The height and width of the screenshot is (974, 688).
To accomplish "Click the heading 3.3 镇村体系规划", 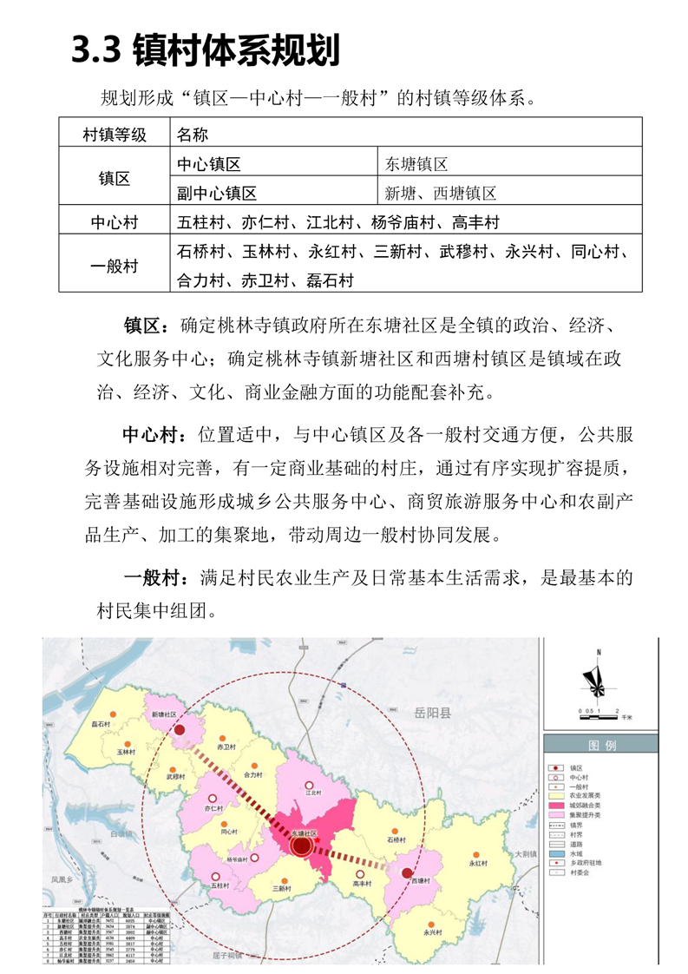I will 206,51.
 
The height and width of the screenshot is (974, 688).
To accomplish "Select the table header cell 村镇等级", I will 114,135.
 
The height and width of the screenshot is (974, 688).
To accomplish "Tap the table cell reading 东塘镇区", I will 416,163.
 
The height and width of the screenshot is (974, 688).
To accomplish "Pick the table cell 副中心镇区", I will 217,192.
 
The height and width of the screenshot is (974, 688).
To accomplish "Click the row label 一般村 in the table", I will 114,266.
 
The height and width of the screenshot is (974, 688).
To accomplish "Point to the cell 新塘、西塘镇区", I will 441,192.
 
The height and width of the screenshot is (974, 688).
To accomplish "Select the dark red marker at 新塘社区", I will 180,731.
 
